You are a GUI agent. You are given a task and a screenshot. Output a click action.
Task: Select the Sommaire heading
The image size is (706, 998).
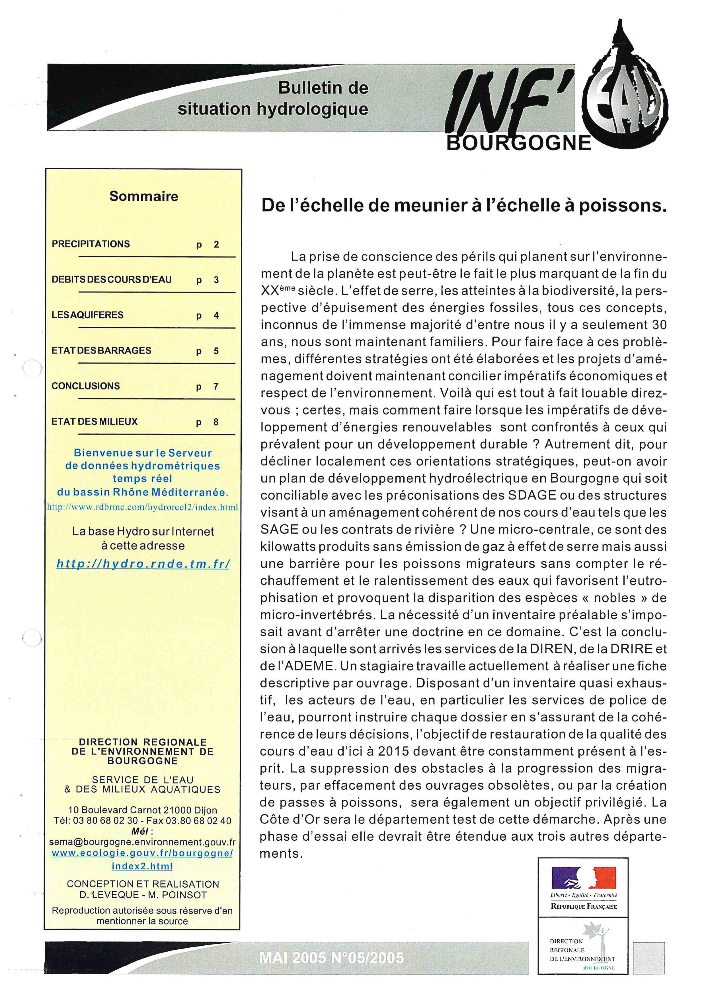pos(143,196)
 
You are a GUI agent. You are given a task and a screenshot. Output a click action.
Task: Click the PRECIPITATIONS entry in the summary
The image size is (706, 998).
pos(91,244)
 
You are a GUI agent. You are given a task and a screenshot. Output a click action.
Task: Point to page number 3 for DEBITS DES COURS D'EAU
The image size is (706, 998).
pos(216,280)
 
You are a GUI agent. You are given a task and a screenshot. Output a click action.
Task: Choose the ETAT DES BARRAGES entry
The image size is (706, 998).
pos(101,350)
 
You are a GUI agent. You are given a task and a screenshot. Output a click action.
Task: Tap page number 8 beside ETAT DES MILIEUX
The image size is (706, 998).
pos(216,422)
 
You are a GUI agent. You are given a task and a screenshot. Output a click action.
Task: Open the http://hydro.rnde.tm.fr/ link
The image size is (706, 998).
pos(143,564)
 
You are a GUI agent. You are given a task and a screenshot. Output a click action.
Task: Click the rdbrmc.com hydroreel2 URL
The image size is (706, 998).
pos(143,507)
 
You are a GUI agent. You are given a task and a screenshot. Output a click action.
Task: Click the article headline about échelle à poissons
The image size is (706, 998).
pos(463,205)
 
